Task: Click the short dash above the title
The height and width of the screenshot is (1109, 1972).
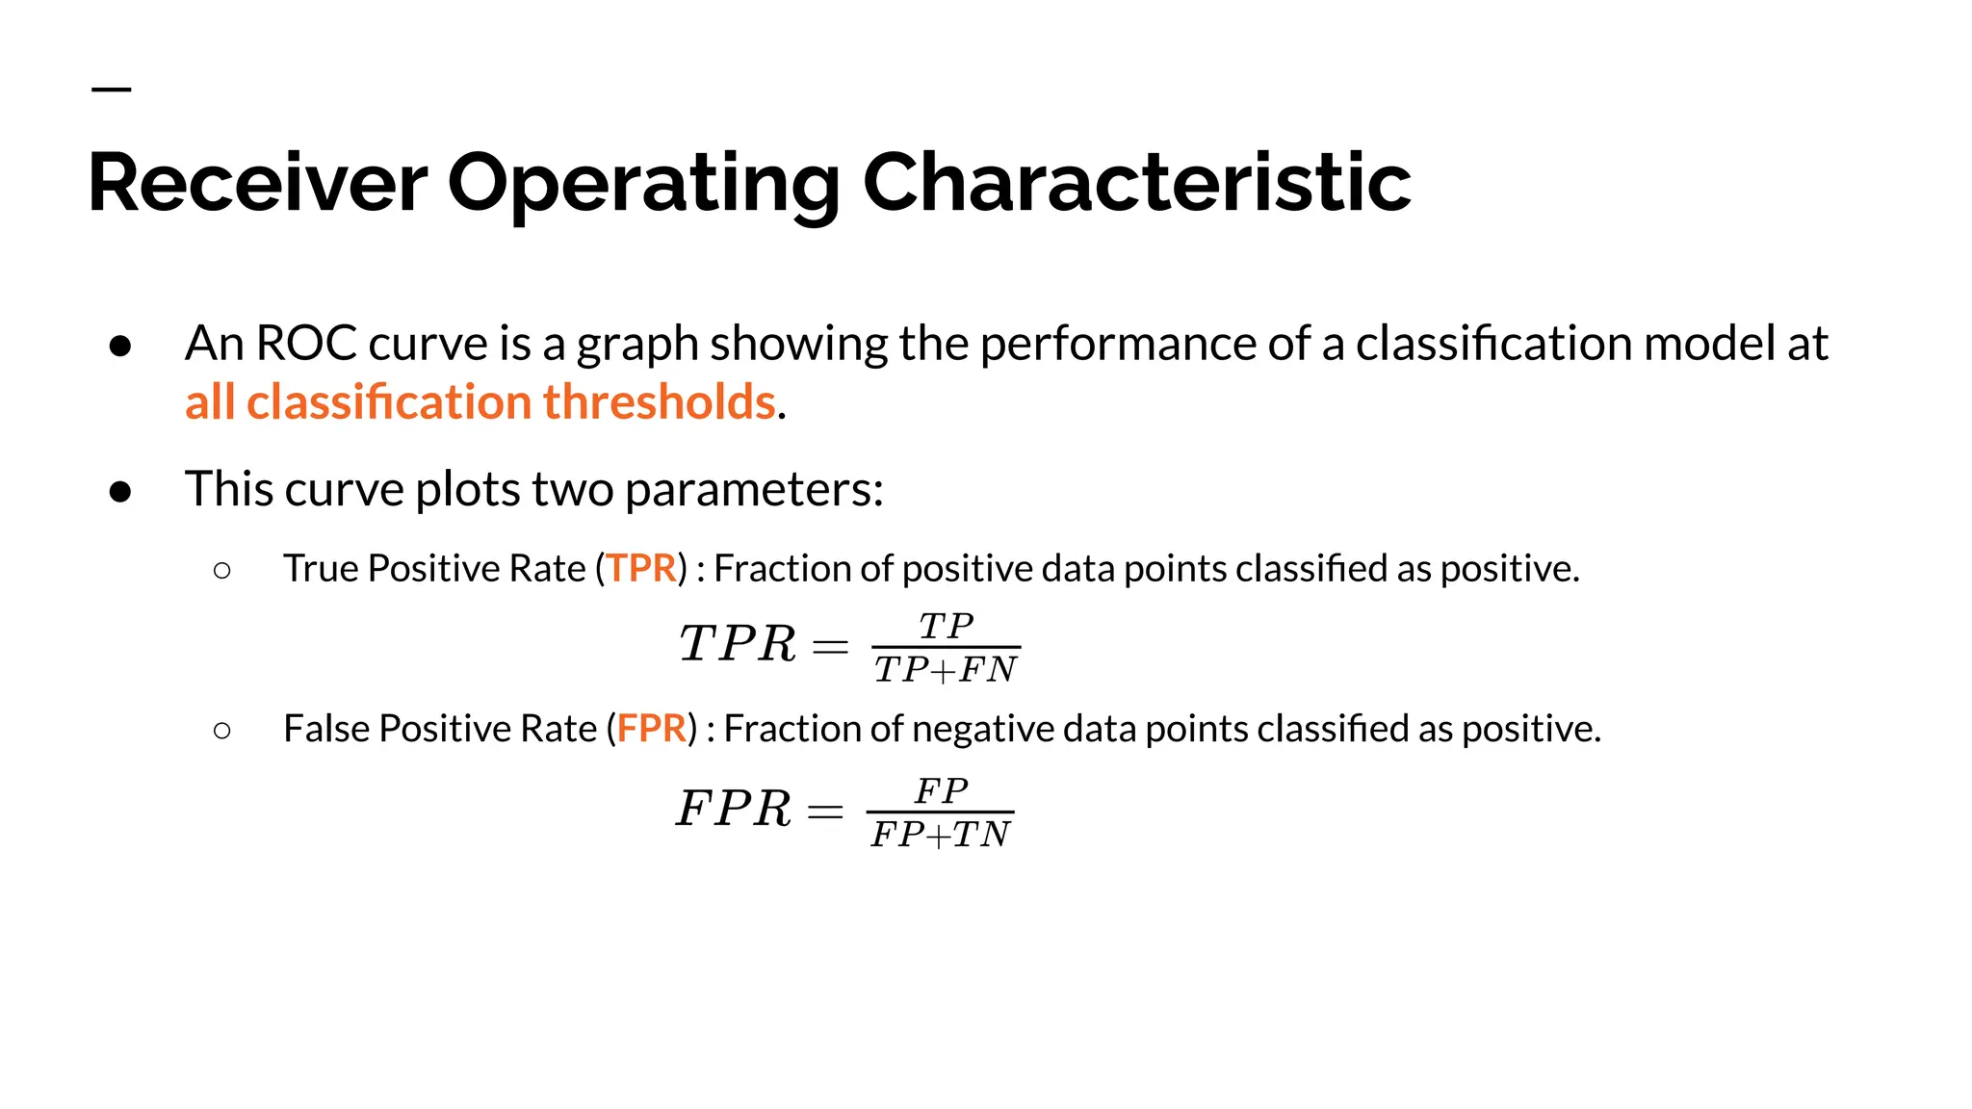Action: [x=111, y=90]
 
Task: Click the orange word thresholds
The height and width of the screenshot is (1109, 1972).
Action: [x=659, y=402]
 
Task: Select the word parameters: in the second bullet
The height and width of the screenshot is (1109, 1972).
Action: [x=754, y=489]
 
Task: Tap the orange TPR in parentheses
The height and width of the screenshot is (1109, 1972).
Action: [x=641, y=569]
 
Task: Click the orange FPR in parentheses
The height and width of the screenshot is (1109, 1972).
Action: [x=652, y=729]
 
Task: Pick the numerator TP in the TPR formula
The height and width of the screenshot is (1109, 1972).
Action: [x=946, y=627]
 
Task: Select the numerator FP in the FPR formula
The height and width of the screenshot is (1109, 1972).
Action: [x=941, y=791]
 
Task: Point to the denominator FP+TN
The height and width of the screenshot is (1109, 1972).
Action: [x=941, y=835]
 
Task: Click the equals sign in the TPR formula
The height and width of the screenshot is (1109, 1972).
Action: [x=830, y=645]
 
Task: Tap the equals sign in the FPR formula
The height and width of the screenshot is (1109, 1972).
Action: [x=825, y=811]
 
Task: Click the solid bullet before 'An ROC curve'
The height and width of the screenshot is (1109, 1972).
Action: [x=120, y=346]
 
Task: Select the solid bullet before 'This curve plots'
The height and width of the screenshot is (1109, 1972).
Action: [x=120, y=491]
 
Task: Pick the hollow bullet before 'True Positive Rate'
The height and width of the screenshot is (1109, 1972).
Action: [x=222, y=571]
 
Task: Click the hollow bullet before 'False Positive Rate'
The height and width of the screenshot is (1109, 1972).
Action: [x=222, y=731]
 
